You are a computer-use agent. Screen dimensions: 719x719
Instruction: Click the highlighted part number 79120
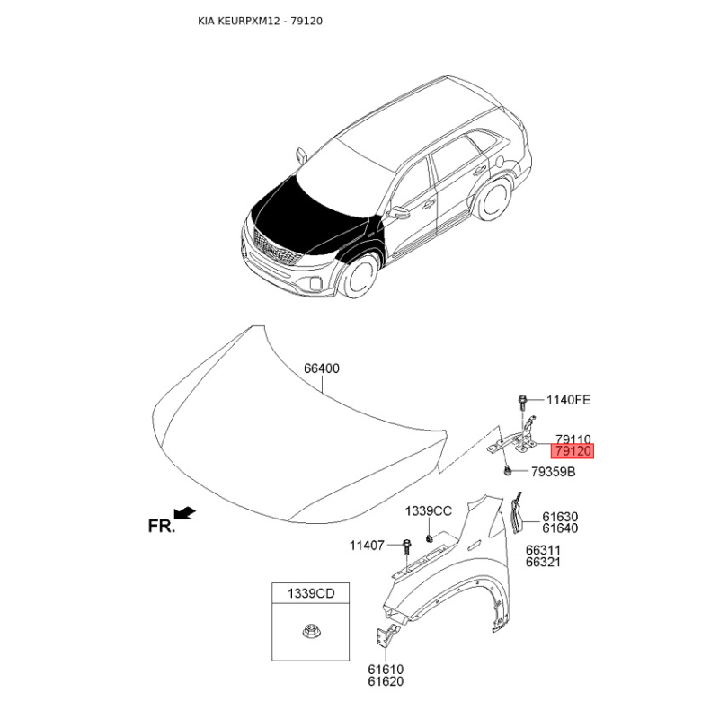point(573,451)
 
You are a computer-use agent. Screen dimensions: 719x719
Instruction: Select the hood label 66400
point(322,368)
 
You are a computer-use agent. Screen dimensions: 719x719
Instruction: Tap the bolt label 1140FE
point(569,400)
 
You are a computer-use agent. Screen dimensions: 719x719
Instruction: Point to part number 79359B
point(553,471)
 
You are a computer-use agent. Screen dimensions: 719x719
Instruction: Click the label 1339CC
point(429,510)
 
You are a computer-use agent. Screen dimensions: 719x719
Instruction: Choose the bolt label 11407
point(367,546)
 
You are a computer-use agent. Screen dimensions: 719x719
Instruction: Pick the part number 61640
point(560,528)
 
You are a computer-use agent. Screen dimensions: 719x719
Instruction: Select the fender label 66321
point(543,562)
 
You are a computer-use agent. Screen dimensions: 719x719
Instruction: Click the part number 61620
point(386,681)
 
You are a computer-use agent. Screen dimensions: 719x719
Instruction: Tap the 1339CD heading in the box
point(311,593)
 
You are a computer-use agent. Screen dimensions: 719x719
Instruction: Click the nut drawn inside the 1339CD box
point(310,631)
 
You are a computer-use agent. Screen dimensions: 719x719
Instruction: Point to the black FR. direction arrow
point(185,512)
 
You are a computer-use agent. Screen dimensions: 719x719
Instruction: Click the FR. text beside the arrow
point(162,526)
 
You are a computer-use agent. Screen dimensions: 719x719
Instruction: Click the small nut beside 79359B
point(508,470)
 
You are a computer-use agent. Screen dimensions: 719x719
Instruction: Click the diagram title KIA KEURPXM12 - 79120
point(260,21)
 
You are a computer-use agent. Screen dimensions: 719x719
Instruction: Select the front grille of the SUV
point(275,249)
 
